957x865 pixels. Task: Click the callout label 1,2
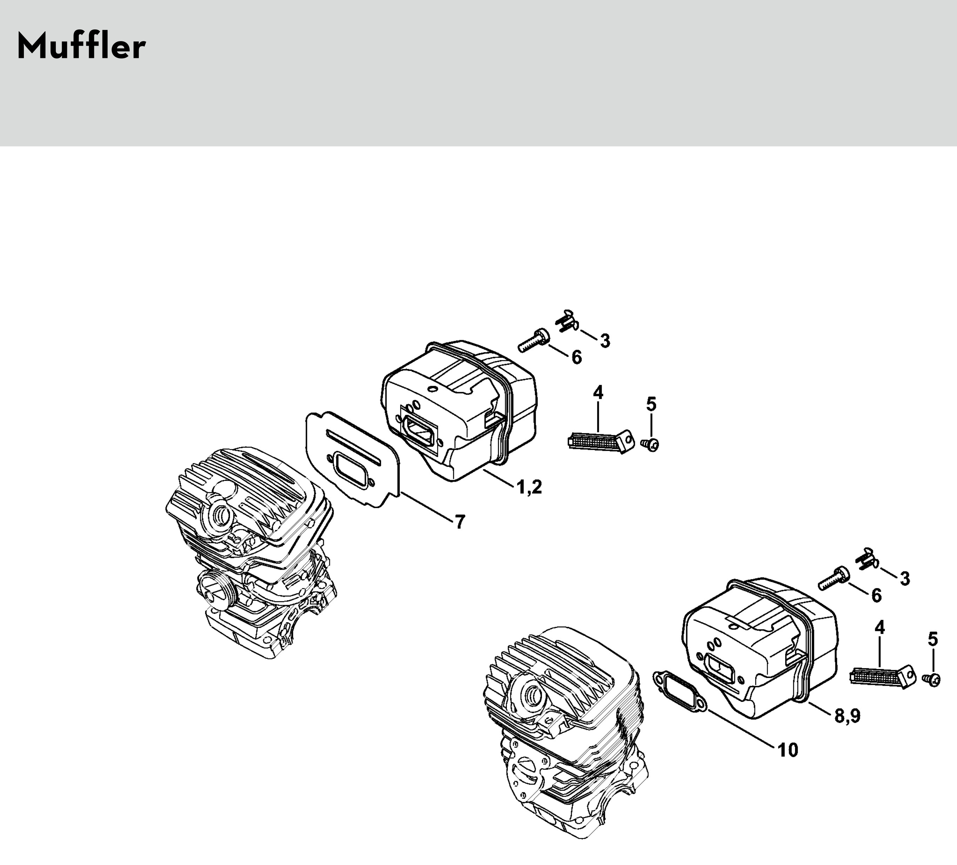[x=529, y=487]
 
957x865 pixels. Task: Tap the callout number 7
[x=460, y=522]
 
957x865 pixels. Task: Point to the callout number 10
[x=788, y=750]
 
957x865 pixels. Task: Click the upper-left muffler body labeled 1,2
[x=458, y=409]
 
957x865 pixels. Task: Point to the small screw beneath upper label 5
[x=651, y=444]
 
